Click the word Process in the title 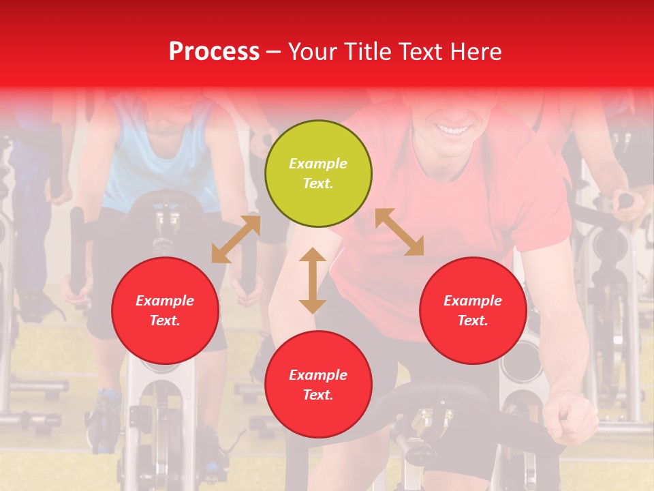214,52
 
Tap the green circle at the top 318,174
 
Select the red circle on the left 165,310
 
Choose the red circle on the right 473,310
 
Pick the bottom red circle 318,385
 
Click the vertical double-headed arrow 313,280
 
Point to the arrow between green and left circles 236,239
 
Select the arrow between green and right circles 399,232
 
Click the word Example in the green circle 318,164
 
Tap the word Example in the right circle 473,301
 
